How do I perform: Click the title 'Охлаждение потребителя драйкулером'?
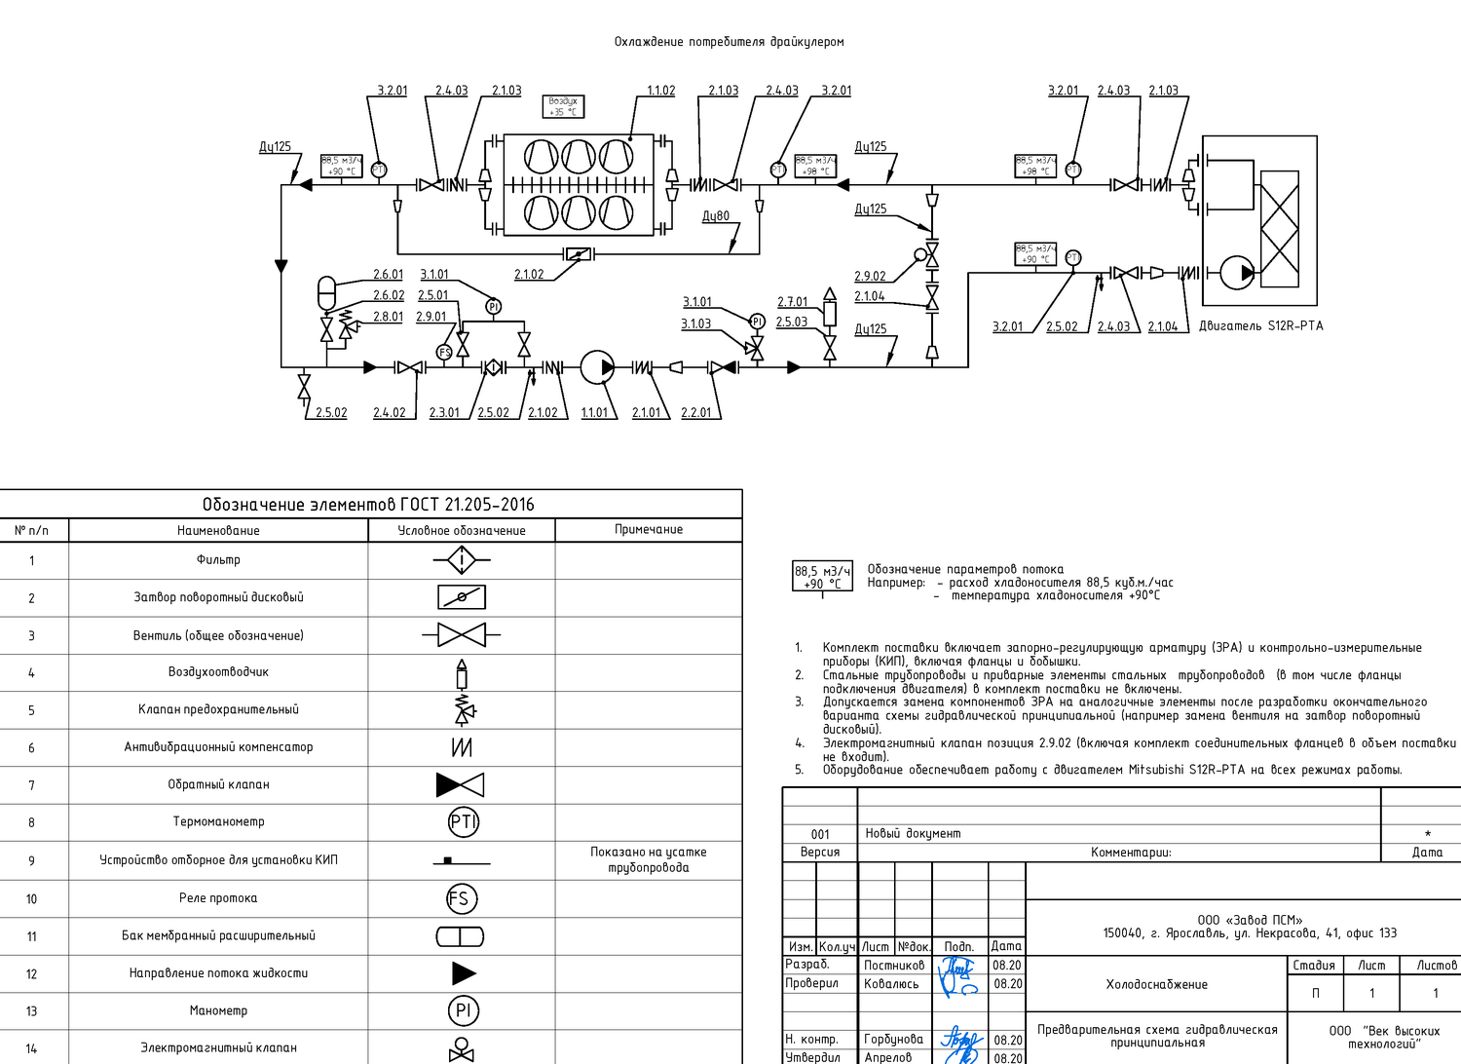729,42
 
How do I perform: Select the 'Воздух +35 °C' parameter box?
563,106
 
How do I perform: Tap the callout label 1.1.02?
661,91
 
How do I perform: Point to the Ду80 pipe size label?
716,216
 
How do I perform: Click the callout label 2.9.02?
870,277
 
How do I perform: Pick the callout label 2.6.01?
388,275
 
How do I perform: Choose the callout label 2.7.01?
792,302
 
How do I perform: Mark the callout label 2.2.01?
695,413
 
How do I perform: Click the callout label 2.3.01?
444,413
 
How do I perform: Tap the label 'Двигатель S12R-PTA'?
1260,326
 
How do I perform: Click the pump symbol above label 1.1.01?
596,367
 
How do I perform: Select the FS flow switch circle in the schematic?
445,352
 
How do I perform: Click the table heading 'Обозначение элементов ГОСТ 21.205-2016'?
368,505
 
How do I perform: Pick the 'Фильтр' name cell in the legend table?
218,560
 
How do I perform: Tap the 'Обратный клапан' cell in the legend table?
218,784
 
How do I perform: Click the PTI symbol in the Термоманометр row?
463,822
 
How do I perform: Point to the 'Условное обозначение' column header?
461,531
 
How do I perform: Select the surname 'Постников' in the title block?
894,966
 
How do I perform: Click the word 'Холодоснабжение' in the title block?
1156,985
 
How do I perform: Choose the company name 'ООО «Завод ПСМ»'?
1250,920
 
